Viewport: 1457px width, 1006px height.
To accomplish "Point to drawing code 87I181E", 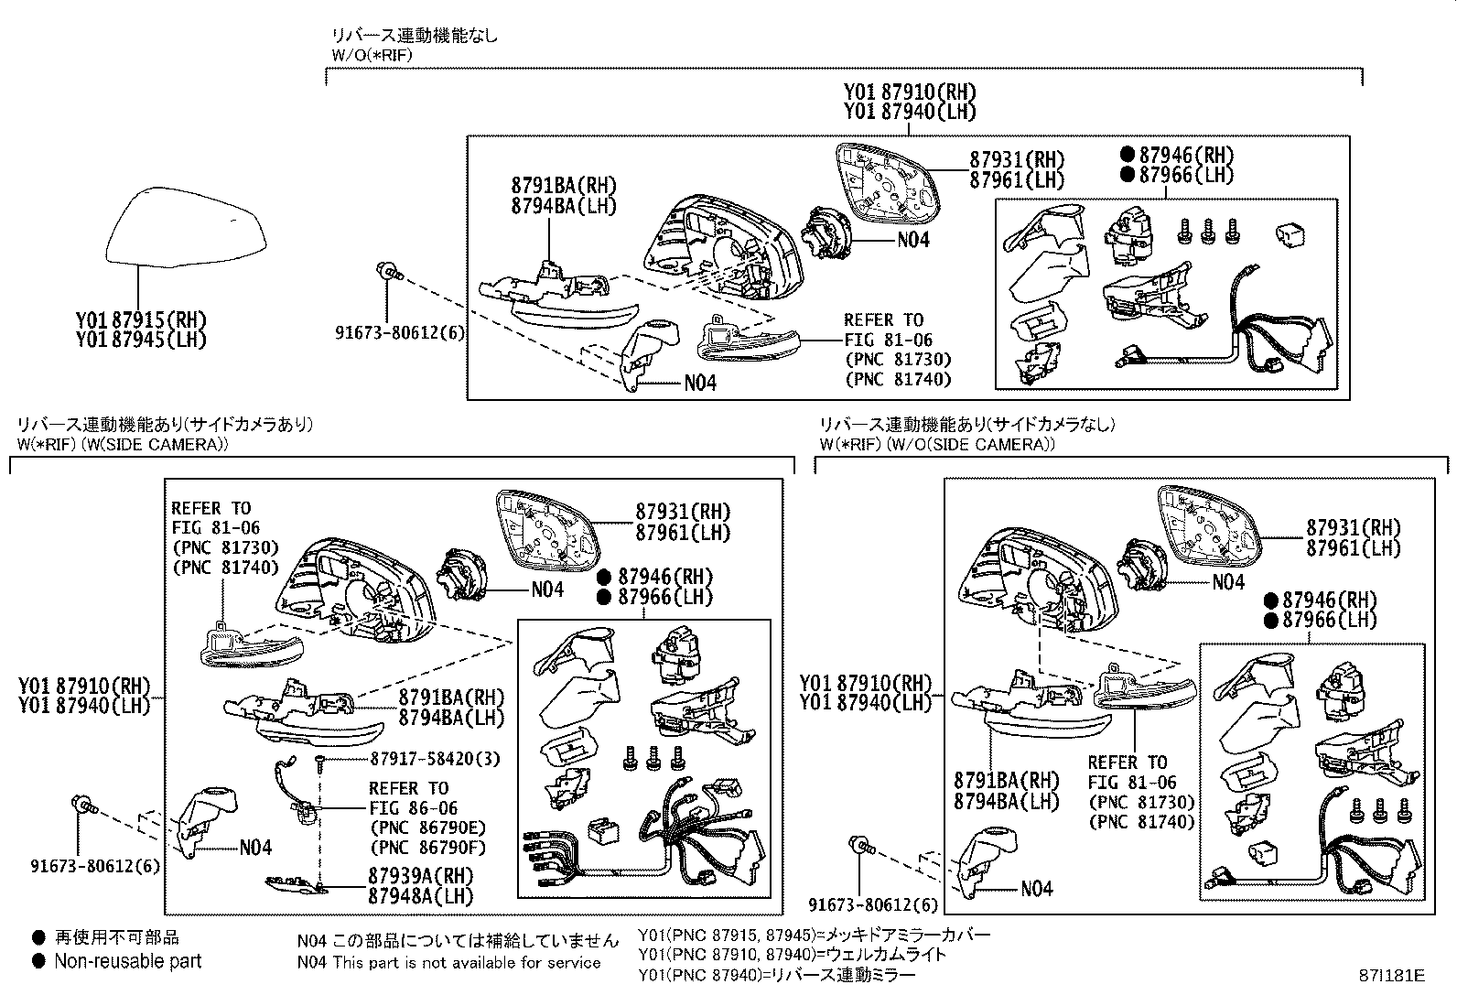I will coord(1391,976).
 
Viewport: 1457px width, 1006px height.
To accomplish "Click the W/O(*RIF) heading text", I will coord(372,55).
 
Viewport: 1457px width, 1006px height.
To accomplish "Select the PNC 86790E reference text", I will coord(426,828).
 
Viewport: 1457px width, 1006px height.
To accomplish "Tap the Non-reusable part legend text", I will coord(127,961).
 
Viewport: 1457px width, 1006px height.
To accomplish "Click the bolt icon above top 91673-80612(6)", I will coord(388,271).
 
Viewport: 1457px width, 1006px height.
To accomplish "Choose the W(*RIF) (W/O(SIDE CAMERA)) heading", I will coord(937,445).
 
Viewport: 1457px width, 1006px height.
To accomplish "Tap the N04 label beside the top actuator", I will coord(912,240).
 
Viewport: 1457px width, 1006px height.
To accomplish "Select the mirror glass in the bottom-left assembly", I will coord(547,530).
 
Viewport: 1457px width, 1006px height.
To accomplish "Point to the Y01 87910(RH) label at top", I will coord(909,92).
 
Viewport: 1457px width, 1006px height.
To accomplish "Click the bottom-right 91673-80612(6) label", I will coord(873,905).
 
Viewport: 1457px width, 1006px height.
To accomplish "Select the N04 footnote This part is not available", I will coord(448,962).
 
